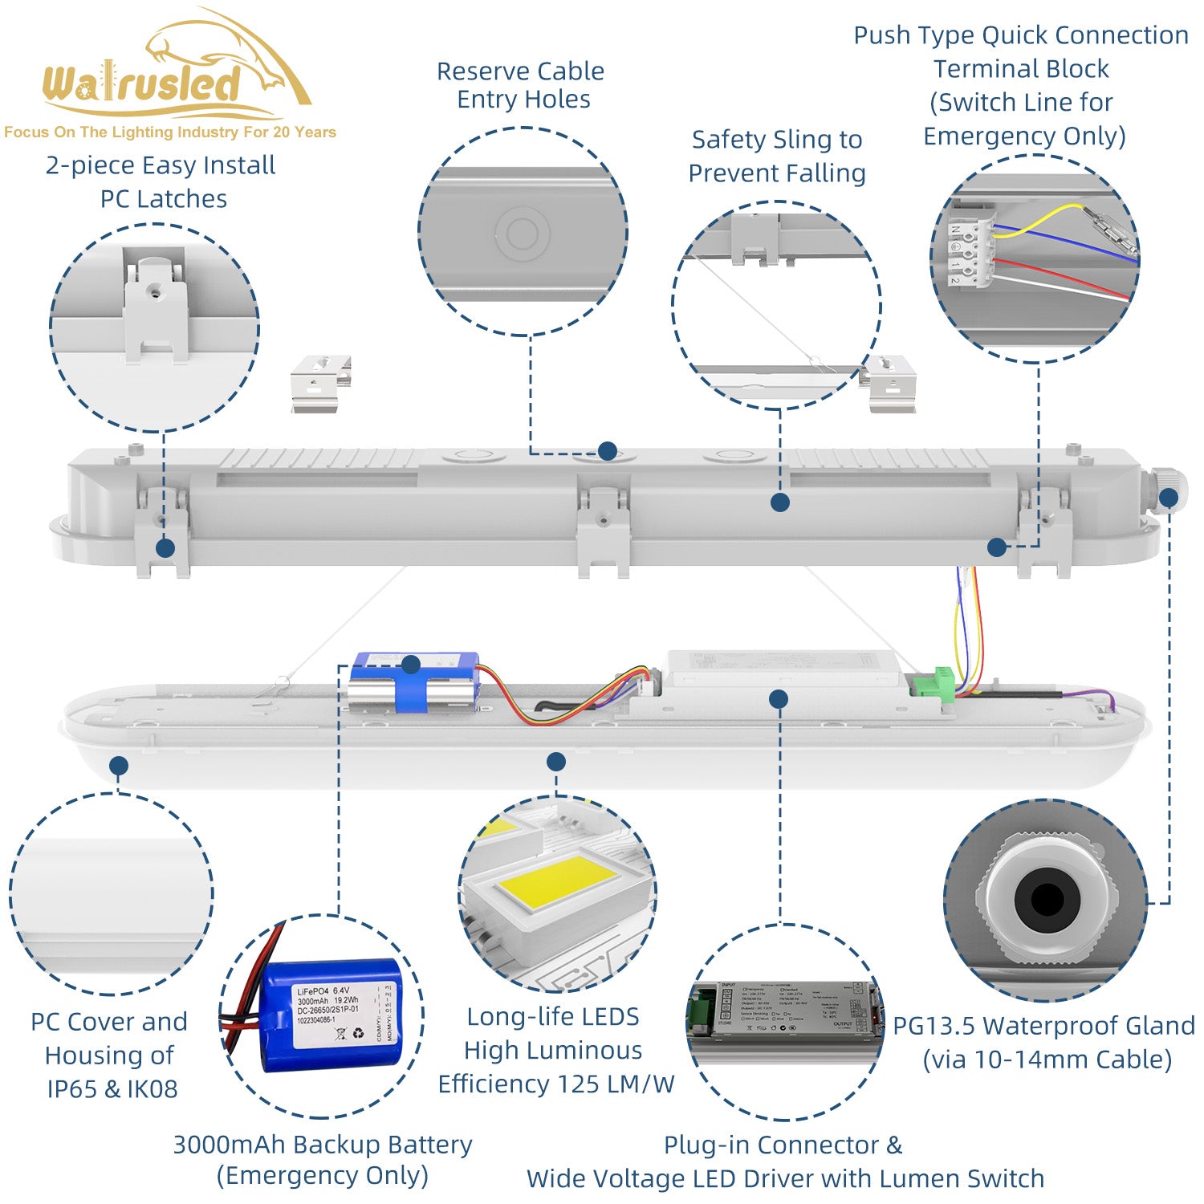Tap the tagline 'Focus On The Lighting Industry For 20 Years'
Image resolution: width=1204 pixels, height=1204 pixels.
point(170,132)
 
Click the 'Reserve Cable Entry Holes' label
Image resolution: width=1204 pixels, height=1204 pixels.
point(521,85)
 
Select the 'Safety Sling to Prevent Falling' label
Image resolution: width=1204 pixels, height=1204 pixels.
point(777,157)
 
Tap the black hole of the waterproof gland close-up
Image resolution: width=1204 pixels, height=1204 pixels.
point(1046,899)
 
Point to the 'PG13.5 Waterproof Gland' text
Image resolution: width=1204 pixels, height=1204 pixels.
point(1043,1026)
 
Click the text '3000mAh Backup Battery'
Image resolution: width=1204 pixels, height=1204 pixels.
point(323,1145)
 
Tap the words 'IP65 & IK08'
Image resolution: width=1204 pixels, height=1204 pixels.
point(112,1089)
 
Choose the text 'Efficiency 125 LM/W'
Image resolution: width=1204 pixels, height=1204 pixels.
point(555,1084)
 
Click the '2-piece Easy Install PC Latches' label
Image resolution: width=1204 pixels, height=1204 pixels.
point(161,182)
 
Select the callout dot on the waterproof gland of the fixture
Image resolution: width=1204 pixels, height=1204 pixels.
point(1169,498)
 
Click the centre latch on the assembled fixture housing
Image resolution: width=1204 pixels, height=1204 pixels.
point(603,530)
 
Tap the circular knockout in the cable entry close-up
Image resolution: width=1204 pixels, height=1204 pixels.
point(522,234)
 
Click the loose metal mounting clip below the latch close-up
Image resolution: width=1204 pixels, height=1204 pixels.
point(320,384)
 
